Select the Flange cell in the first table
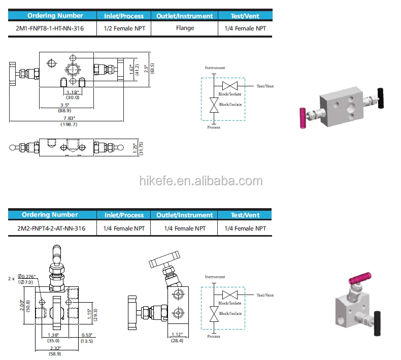click(x=185, y=28)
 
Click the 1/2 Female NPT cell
click(x=124, y=28)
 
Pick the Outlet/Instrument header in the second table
click(x=185, y=215)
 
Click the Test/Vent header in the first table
click(x=245, y=16)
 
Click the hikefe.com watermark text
click(x=201, y=181)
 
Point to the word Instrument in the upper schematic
click(x=215, y=68)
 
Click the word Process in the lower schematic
click(x=214, y=336)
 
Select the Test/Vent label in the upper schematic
click(x=265, y=86)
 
